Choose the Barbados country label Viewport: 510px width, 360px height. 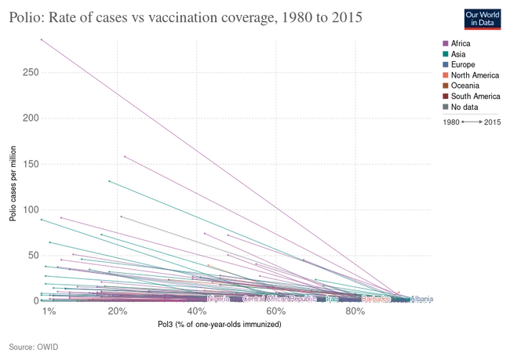376,299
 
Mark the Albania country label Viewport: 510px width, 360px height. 422,299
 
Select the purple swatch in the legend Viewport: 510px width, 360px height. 445,44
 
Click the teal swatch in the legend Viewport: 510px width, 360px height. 445,54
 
